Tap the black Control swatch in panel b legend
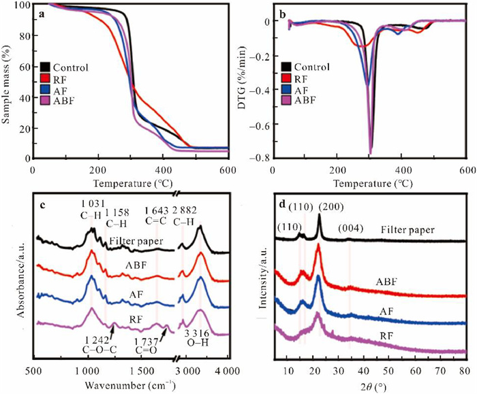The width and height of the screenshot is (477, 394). (x=287, y=67)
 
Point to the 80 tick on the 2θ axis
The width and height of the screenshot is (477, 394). (x=463, y=371)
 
